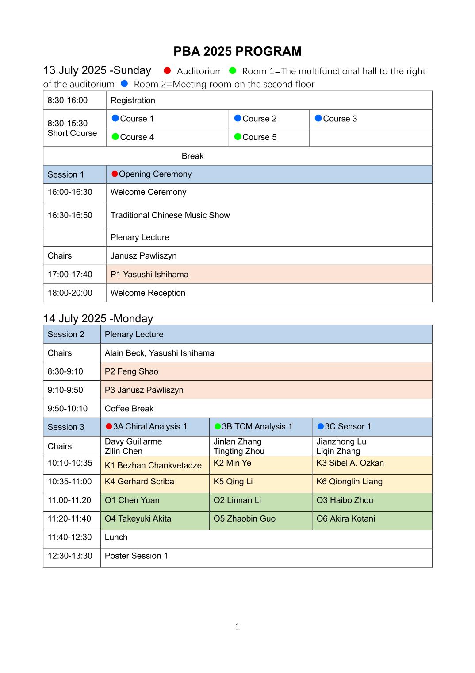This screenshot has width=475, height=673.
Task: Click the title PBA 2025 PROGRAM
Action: tap(237, 51)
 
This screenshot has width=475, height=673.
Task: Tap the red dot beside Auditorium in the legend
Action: tap(167, 70)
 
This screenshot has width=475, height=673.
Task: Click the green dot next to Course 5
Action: tap(237, 137)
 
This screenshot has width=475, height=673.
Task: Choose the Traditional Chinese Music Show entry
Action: tap(170, 215)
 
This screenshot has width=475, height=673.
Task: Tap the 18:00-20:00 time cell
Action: tap(70, 293)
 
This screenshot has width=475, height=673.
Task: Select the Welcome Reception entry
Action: tap(148, 293)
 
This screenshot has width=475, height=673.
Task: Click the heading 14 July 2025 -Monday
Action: tap(98, 318)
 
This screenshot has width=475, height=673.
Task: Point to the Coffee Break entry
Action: tap(129, 409)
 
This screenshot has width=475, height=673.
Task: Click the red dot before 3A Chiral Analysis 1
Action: tap(109, 426)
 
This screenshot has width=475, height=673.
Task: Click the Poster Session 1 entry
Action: tap(136, 556)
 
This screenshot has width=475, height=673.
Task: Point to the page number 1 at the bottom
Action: tap(237, 627)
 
